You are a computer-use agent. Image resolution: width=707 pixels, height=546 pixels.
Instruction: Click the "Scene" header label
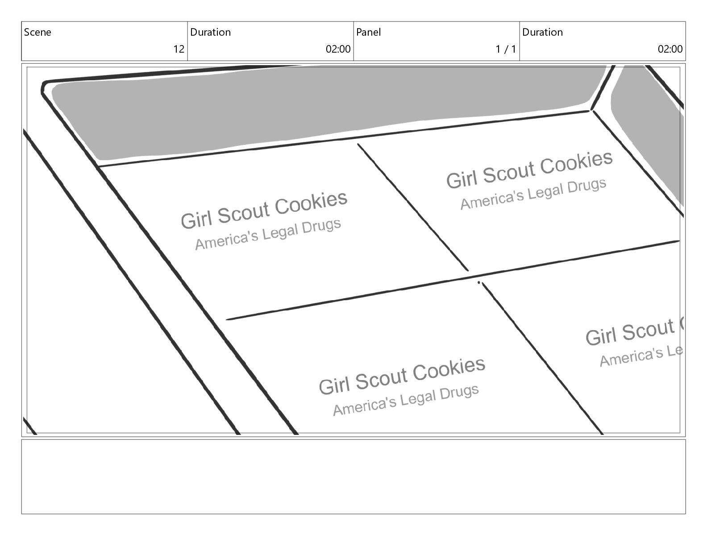point(37,32)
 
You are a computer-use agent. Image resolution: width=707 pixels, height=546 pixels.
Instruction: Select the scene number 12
point(179,49)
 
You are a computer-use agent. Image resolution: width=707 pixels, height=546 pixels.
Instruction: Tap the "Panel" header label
point(368,32)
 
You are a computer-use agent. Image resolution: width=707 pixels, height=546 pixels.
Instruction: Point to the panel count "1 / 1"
point(505,49)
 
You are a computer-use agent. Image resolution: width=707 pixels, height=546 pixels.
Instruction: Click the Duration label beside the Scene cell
point(210,32)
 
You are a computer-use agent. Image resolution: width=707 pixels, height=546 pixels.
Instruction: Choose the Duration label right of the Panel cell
point(542,32)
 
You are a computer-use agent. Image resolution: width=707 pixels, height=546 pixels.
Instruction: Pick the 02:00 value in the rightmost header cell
point(670,49)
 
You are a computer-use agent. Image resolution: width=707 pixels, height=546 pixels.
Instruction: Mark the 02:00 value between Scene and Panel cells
point(338,49)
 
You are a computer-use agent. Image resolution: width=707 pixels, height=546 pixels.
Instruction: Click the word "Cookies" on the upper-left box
point(311,203)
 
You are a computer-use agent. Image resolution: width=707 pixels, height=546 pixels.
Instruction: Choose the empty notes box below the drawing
point(353,476)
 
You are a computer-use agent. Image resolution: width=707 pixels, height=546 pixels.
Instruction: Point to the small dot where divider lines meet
point(479,282)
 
